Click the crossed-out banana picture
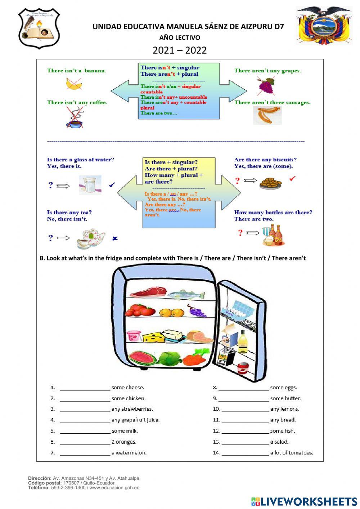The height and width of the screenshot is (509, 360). point(74,84)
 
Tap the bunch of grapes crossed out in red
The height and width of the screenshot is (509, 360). point(266,86)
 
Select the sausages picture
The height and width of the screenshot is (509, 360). point(267,116)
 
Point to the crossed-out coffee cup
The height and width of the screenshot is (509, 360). point(75,119)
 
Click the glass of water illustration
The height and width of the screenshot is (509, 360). point(90,185)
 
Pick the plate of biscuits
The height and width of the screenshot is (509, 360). point(270,183)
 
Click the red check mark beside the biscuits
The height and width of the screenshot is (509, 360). point(292,178)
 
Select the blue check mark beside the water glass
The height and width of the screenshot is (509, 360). point(112,185)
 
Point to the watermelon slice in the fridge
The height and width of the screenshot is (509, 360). point(142,357)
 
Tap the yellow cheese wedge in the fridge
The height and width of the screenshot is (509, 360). point(153,337)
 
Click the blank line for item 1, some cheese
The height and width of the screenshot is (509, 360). point(85,388)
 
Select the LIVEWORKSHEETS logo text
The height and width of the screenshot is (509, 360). point(305,501)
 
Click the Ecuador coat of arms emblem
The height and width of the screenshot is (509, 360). point(323,25)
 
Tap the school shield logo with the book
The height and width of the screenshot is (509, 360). point(39,28)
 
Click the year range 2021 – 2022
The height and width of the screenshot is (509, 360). point(180,50)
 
